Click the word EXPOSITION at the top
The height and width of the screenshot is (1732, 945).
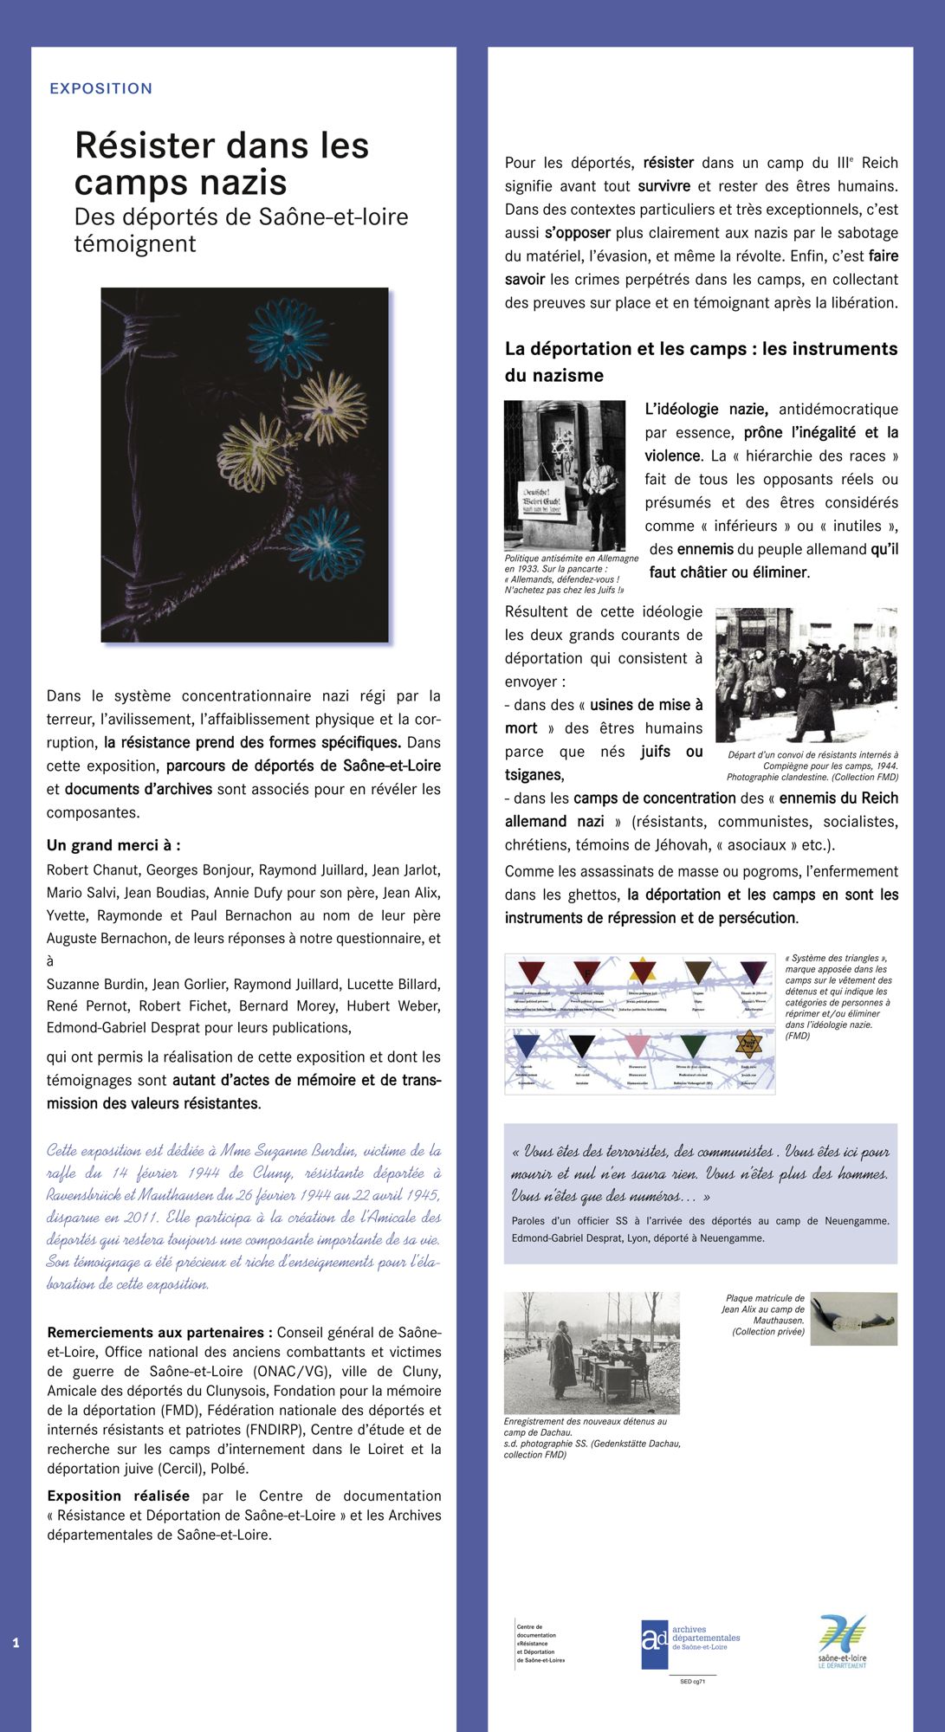[x=100, y=88]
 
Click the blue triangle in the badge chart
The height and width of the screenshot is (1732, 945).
[x=527, y=1045]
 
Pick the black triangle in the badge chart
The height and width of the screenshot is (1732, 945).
[x=582, y=1045]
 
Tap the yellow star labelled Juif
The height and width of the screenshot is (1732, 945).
[x=748, y=1043]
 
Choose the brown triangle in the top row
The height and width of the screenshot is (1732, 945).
[x=697, y=972]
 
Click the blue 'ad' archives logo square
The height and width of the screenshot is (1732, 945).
[x=655, y=1644]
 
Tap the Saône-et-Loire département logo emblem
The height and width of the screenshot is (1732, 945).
[x=842, y=1634]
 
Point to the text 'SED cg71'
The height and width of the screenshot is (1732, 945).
[x=692, y=1681]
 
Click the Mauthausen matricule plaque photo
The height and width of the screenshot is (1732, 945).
[x=854, y=1318]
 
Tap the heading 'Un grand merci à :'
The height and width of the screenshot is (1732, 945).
[x=113, y=845]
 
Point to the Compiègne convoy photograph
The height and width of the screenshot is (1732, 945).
[x=806, y=675]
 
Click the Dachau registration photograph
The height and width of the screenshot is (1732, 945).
[x=592, y=1353]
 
